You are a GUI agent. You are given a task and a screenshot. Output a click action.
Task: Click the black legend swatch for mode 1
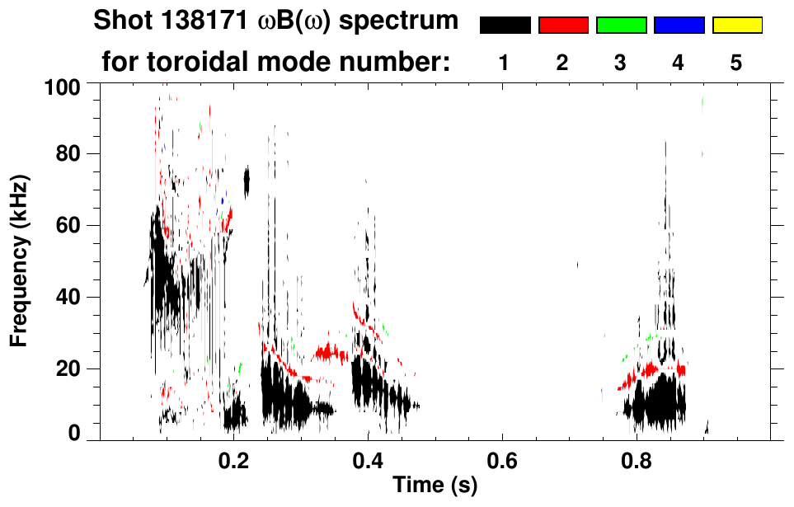(505, 26)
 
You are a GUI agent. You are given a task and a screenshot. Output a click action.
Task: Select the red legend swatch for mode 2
(563, 26)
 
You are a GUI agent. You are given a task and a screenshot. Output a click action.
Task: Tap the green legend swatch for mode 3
(621, 26)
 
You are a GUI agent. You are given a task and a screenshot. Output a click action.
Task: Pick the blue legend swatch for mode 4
(679, 26)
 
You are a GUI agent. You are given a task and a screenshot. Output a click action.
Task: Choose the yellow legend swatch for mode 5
(737, 26)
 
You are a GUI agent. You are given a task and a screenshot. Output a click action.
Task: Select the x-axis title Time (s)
(434, 486)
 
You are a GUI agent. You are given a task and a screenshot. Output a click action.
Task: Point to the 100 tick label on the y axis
(61, 86)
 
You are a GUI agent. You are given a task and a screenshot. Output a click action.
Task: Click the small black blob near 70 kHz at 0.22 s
(246, 181)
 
